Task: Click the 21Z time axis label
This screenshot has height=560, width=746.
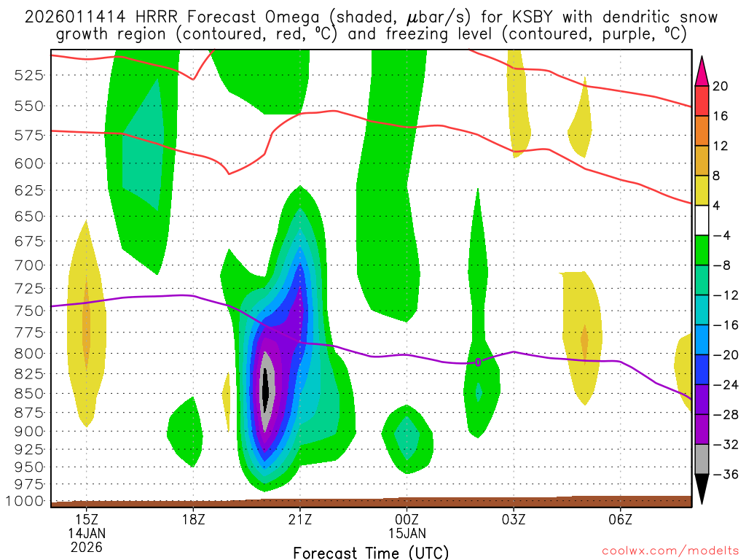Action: (300, 521)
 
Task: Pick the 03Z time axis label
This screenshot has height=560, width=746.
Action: (514, 521)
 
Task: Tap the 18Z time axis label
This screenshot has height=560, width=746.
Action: (193, 521)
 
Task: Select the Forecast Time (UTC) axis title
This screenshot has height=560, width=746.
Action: (371, 552)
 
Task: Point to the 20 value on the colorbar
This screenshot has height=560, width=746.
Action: (721, 86)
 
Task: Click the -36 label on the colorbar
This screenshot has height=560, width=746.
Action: (723, 474)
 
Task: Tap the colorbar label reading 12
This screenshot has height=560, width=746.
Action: (721, 146)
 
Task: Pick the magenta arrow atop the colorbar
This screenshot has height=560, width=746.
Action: (702, 71)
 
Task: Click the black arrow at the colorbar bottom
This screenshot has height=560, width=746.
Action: (702, 489)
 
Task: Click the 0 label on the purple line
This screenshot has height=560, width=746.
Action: (478, 362)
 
